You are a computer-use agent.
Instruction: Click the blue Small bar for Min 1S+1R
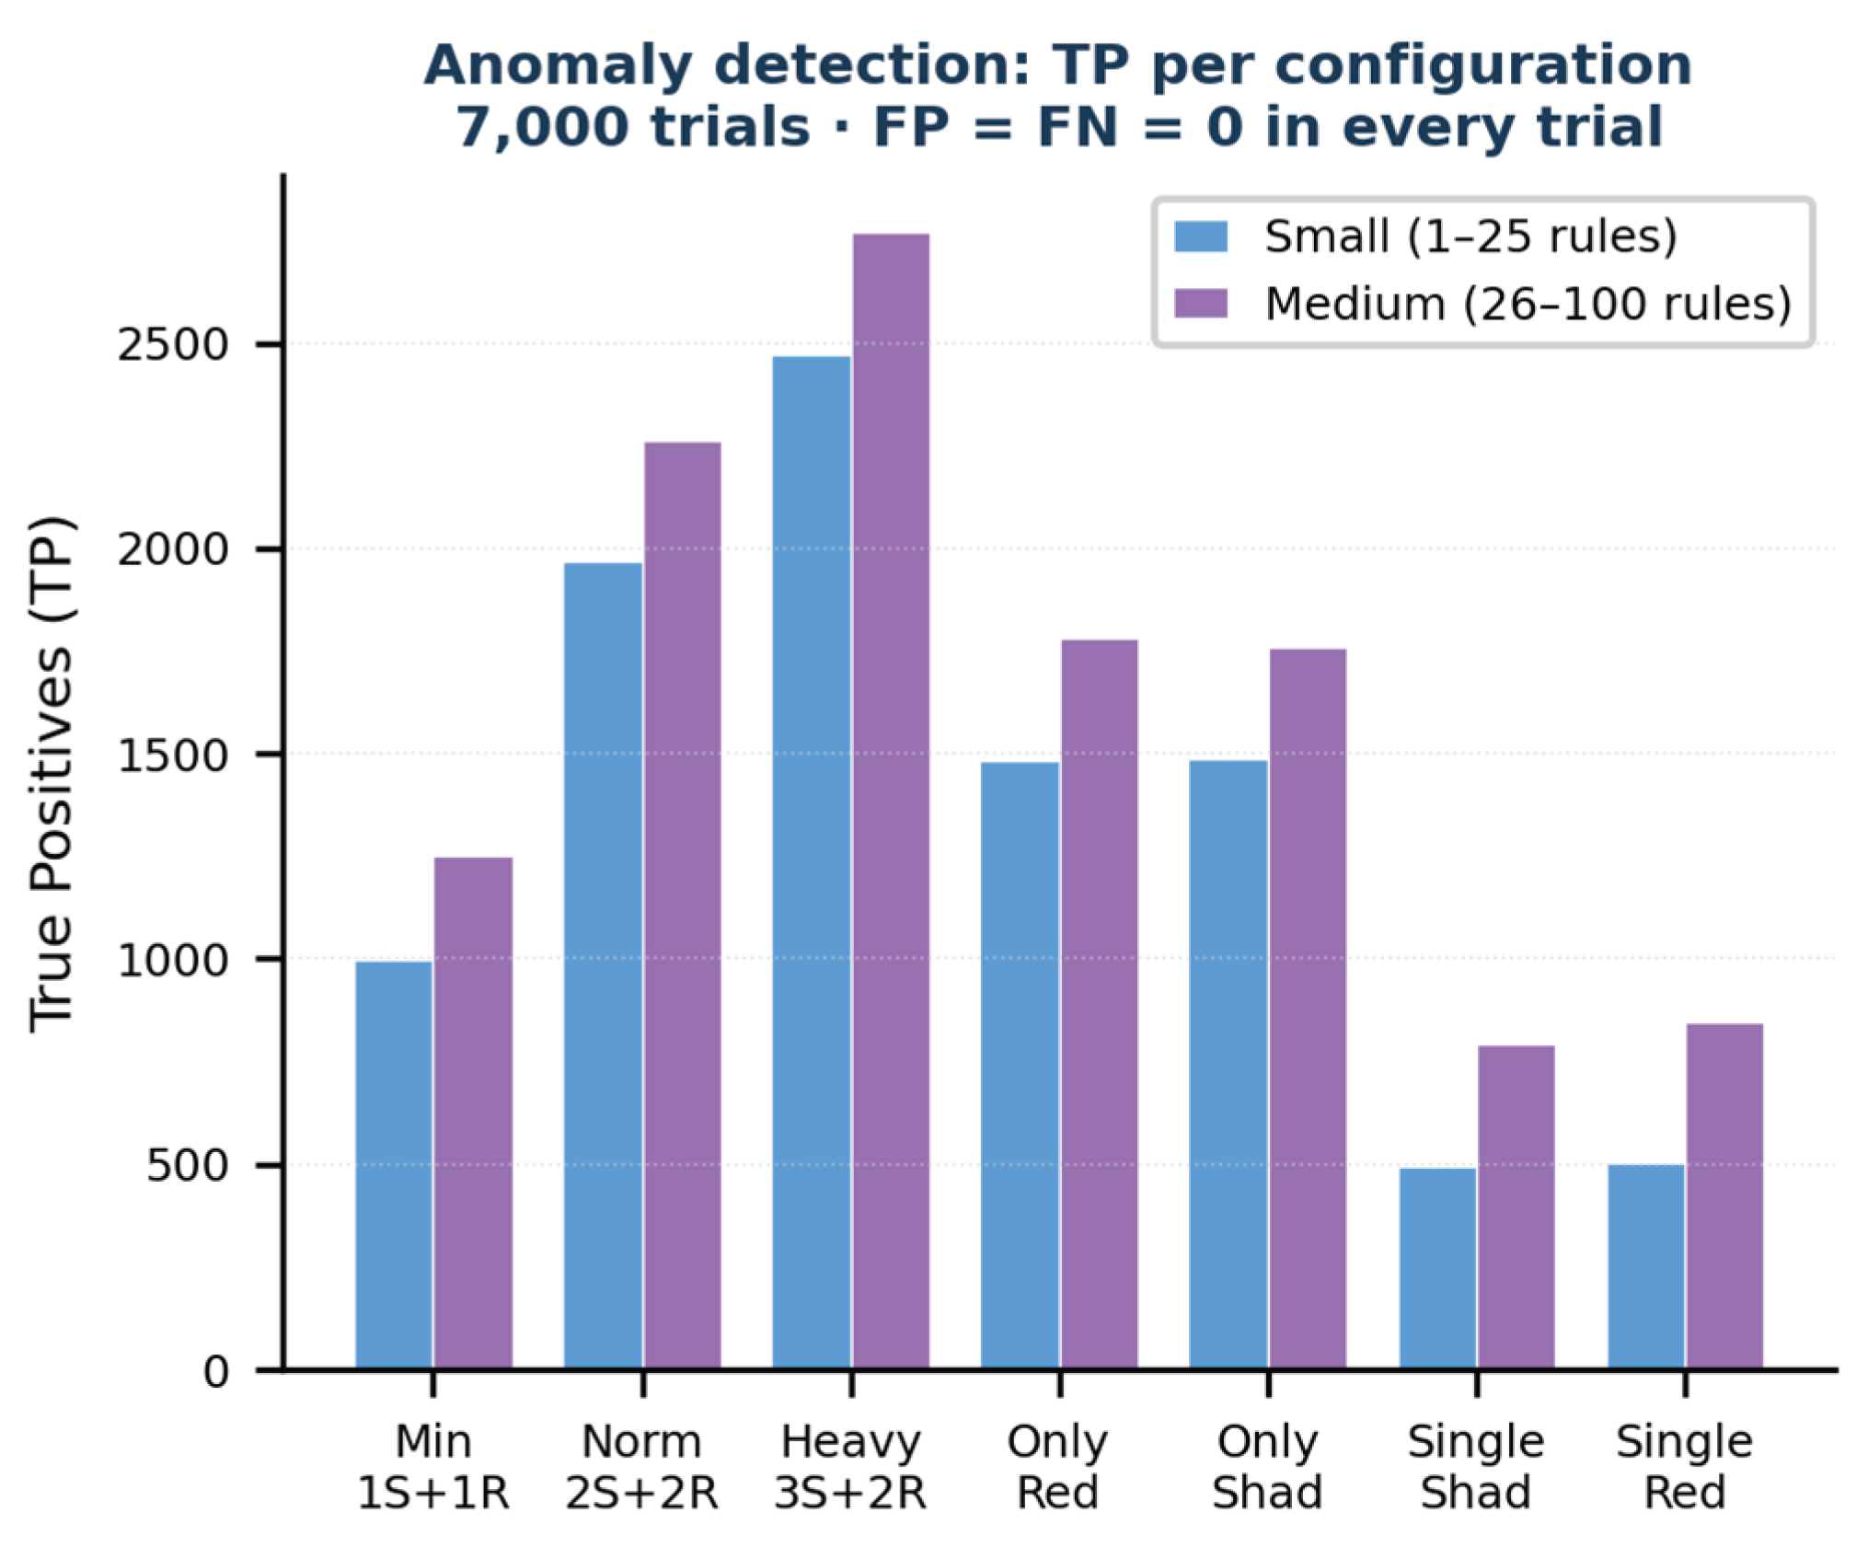tap(394, 1165)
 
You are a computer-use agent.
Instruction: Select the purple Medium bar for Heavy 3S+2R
tap(891, 802)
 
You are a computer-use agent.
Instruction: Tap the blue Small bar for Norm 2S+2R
tap(603, 966)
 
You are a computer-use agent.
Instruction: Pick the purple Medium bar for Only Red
tap(1100, 1004)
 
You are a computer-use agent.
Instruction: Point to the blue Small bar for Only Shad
tap(1228, 1065)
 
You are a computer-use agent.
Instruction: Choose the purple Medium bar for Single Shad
tap(1516, 1207)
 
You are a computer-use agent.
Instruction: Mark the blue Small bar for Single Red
tap(1646, 1267)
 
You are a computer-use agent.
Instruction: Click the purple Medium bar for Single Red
tap(1724, 1196)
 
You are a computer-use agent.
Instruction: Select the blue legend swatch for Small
tap(1201, 237)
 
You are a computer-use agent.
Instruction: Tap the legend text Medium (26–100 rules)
tap(1528, 304)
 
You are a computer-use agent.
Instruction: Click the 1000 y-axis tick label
tap(172, 960)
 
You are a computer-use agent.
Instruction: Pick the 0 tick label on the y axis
tap(215, 1371)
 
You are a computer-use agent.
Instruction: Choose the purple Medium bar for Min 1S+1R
tap(473, 1114)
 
